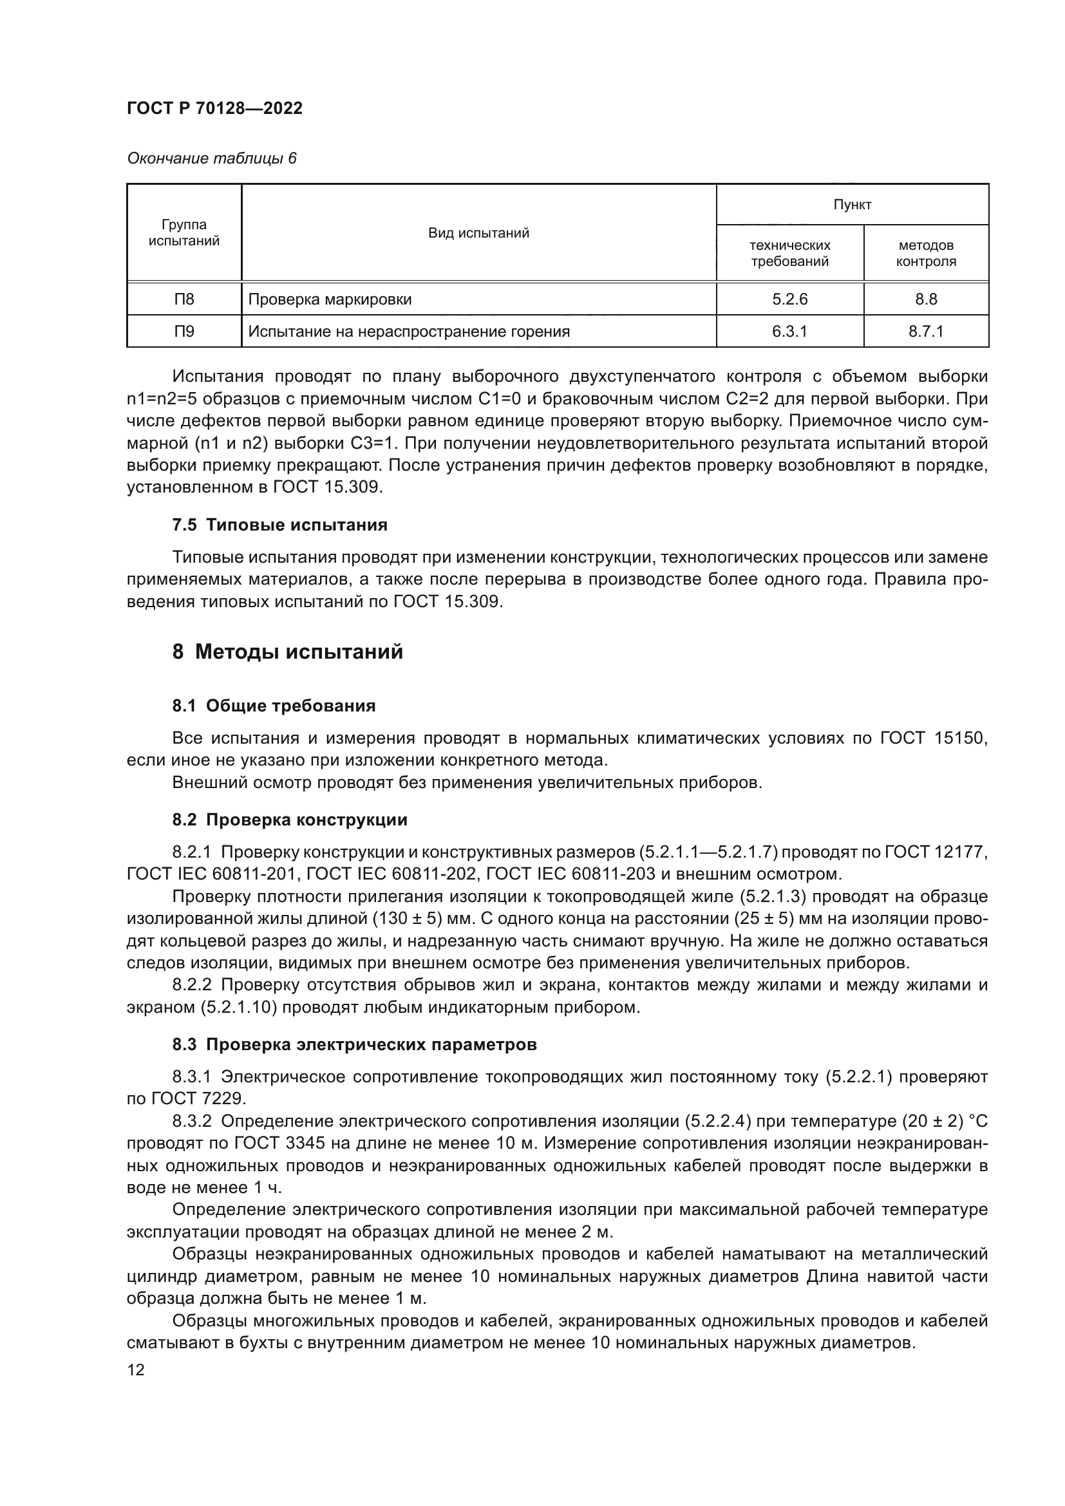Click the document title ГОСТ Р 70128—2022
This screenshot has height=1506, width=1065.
(214, 108)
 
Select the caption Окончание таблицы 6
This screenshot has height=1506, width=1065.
(211, 158)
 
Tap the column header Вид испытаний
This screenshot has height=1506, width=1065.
(478, 233)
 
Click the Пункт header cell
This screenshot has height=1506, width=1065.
(852, 205)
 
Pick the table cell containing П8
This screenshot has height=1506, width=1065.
(184, 299)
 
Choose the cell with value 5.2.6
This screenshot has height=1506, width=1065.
(789, 299)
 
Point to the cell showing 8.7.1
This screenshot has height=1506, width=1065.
(925, 331)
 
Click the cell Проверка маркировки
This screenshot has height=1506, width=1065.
(330, 300)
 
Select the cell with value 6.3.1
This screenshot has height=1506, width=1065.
(789, 331)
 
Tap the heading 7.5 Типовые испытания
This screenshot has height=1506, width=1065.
(279, 525)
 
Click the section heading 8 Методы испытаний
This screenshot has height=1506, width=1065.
(287, 652)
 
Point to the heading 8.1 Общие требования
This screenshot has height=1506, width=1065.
(274, 706)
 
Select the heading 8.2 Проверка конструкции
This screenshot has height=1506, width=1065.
(289, 820)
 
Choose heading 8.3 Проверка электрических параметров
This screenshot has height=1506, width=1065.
(354, 1044)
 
